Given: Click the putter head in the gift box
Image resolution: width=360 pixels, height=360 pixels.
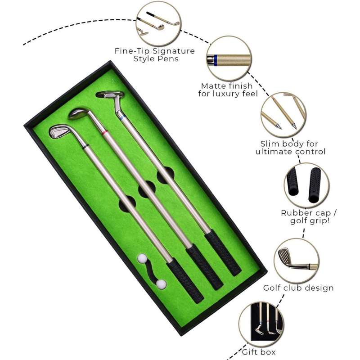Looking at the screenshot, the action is pyautogui.click(x=110, y=94).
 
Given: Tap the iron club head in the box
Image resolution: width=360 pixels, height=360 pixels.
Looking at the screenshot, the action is pyautogui.click(x=59, y=131).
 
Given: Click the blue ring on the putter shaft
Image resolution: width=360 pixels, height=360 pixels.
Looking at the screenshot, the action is pyautogui.click(x=123, y=118).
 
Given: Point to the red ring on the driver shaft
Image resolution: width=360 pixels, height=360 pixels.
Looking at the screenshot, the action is pyautogui.click(x=104, y=132).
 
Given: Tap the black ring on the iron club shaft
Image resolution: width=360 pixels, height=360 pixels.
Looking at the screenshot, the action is pyautogui.click(x=85, y=147).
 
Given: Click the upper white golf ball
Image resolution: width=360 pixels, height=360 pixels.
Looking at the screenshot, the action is pyautogui.click(x=142, y=258).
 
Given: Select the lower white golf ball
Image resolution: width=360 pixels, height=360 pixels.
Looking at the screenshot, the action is pyautogui.click(x=161, y=284).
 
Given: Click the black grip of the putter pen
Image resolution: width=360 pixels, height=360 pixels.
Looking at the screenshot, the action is pyautogui.click(x=223, y=252).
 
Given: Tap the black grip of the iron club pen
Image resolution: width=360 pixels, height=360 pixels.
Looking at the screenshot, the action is pyautogui.click(x=185, y=280).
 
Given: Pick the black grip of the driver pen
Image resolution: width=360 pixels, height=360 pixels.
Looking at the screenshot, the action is pyautogui.click(x=204, y=267).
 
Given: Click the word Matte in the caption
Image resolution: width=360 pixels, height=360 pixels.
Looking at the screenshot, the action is pyautogui.click(x=212, y=86).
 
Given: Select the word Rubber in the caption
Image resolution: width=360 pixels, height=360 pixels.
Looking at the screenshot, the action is pyautogui.click(x=295, y=213).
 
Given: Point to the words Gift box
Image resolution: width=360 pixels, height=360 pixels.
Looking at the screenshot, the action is pyautogui.click(x=259, y=352).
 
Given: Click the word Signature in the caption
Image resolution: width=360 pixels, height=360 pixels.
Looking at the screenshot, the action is pyautogui.click(x=174, y=51).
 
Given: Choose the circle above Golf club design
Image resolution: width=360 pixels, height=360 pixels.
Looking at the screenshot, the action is pyautogui.click(x=297, y=261).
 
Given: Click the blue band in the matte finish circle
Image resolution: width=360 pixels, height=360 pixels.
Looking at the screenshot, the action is pyautogui.click(x=216, y=60).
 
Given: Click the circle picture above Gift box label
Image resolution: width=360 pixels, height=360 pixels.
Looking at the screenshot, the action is pyautogui.click(x=261, y=324).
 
